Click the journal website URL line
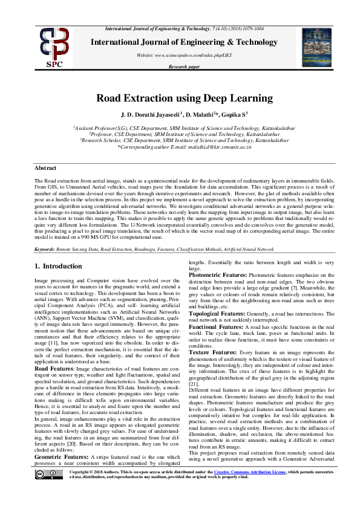coord(185,55)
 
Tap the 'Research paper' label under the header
coord(185,68)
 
